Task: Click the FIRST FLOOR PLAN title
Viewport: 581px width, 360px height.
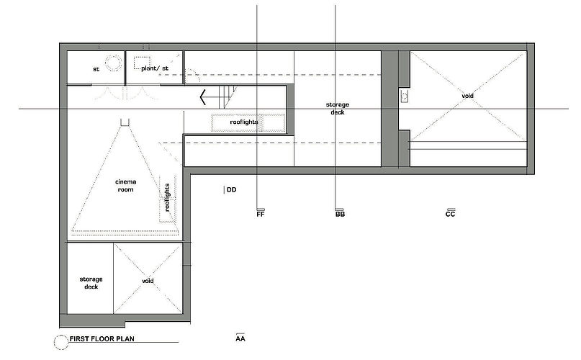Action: tap(102, 338)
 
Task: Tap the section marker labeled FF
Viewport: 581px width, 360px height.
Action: tap(261, 214)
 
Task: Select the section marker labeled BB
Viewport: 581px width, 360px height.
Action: tap(340, 214)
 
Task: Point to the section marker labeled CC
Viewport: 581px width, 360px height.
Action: tap(450, 213)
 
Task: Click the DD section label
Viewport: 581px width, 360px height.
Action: tap(232, 190)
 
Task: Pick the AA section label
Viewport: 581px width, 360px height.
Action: tap(240, 338)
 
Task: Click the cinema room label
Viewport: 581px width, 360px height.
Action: tap(125, 185)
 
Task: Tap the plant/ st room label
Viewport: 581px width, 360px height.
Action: tap(155, 68)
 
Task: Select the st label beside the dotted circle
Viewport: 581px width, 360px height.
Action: tap(96, 69)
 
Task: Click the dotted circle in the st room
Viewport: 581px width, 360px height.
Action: tap(113, 63)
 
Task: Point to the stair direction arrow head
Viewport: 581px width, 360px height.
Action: tap(203, 97)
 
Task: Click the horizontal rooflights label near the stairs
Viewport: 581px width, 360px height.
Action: tap(244, 122)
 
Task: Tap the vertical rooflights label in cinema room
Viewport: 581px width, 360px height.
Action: tap(167, 197)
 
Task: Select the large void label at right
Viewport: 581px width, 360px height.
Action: tap(468, 96)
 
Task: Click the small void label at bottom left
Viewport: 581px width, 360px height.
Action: tap(148, 281)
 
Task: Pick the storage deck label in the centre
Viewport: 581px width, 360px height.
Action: tap(338, 108)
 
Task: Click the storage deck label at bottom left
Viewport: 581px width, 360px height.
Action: tap(91, 283)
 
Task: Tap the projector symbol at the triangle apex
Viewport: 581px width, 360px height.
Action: tap(125, 122)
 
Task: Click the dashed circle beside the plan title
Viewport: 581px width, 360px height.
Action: tap(61, 342)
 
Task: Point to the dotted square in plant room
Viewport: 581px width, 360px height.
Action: tap(143, 63)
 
